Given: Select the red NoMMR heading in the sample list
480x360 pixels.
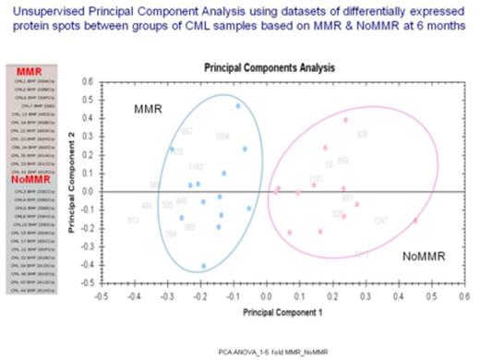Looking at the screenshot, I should tap(31, 180).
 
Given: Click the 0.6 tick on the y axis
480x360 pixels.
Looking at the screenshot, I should tap(89, 82).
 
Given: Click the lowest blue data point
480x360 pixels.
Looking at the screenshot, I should tap(204, 266).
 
